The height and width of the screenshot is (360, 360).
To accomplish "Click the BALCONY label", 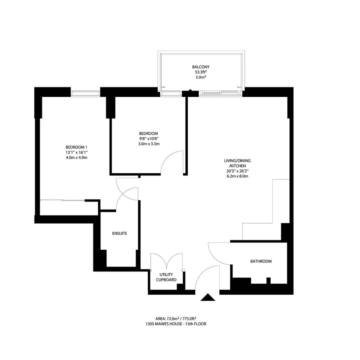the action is point(201,67).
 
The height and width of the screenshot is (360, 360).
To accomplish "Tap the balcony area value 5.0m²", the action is point(201,77).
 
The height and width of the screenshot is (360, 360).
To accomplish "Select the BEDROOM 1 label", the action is point(76,147).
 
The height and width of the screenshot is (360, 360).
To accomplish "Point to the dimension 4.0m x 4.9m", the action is point(76,157).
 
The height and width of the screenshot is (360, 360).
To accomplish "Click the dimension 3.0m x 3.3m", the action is point(149,144).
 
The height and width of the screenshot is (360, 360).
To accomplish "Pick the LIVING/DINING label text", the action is point(237,161).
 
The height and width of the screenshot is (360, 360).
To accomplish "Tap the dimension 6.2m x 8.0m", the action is point(237,176).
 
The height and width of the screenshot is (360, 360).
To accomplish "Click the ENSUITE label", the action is point(120,233).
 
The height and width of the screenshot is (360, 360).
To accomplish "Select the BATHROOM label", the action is point(261,261).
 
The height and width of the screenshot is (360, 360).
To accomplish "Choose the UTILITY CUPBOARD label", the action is point(166,277).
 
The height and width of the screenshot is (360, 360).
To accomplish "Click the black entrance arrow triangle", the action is point(208,297).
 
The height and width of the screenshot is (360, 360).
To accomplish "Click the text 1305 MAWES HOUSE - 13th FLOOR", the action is point(176,324).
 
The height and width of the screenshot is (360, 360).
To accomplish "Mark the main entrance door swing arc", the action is point(202,272).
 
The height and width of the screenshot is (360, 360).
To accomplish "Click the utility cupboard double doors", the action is point(166,261).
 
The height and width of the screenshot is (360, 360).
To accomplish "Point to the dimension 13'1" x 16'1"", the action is point(77,153).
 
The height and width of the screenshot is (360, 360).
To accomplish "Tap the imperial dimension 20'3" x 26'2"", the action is point(237,171).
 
